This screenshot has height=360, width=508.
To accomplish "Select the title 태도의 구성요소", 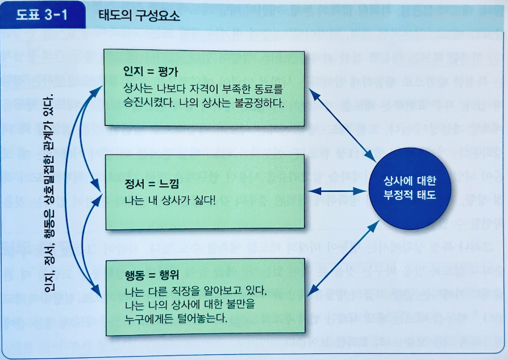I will click(x=139, y=16).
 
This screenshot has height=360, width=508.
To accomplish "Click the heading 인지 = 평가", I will click(x=148, y=72).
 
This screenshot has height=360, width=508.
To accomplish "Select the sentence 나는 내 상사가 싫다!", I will click(x=170, y=200).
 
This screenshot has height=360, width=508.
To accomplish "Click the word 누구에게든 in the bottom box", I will click(x=149, y=317).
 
